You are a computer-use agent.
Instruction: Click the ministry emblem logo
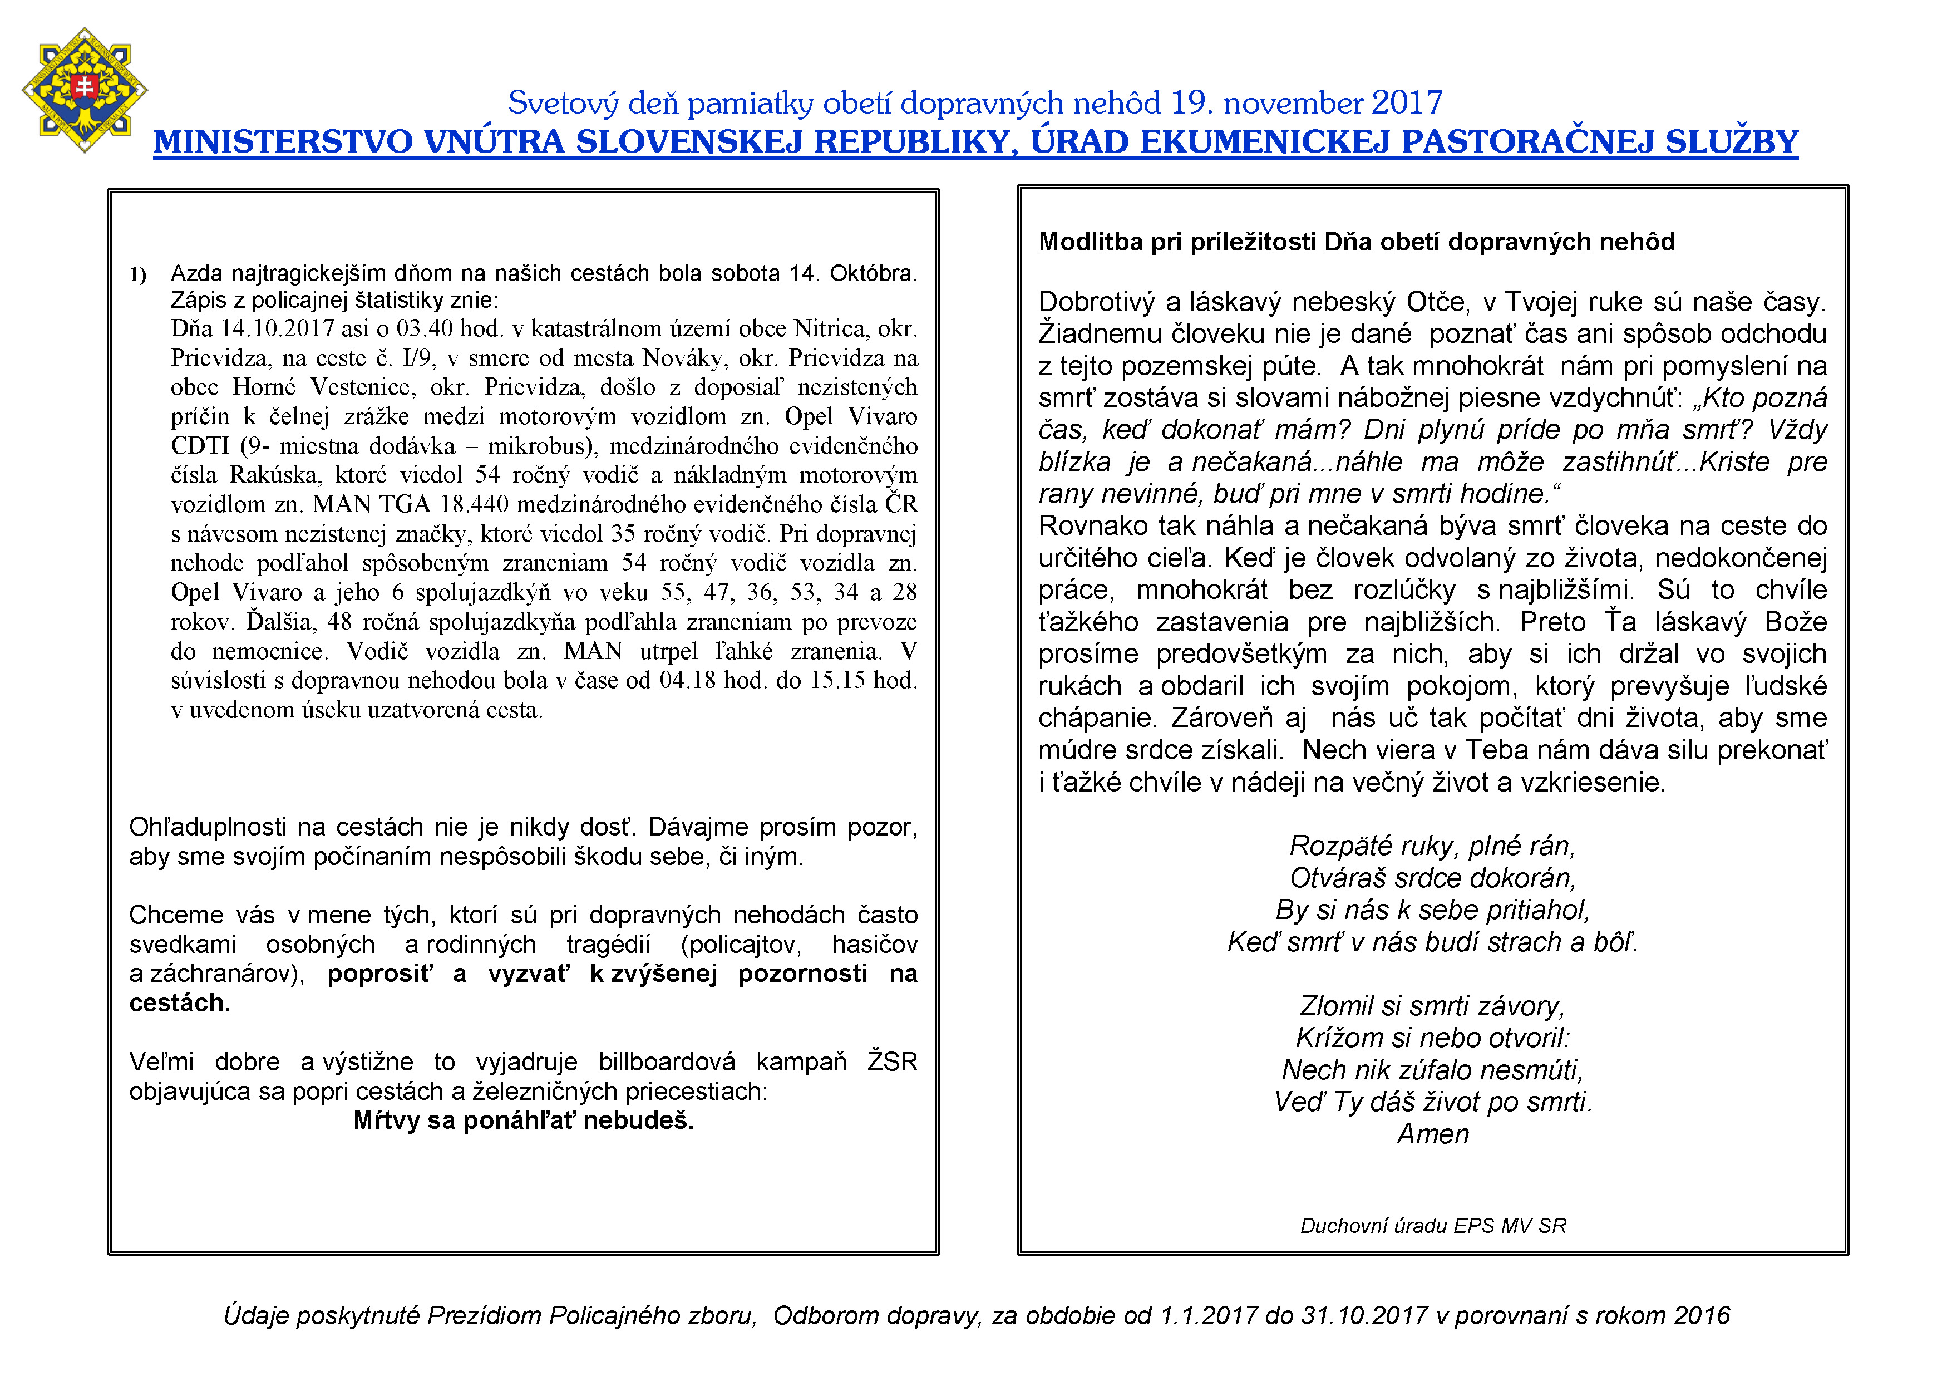[x=84, y=89]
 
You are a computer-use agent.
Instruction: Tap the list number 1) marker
[x=138, y=274]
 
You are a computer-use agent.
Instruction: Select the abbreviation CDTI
[x=201, y=446]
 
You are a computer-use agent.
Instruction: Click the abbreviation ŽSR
[x=892, y=1062]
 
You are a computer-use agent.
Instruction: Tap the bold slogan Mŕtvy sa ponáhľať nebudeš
[x=524, y=1121]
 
